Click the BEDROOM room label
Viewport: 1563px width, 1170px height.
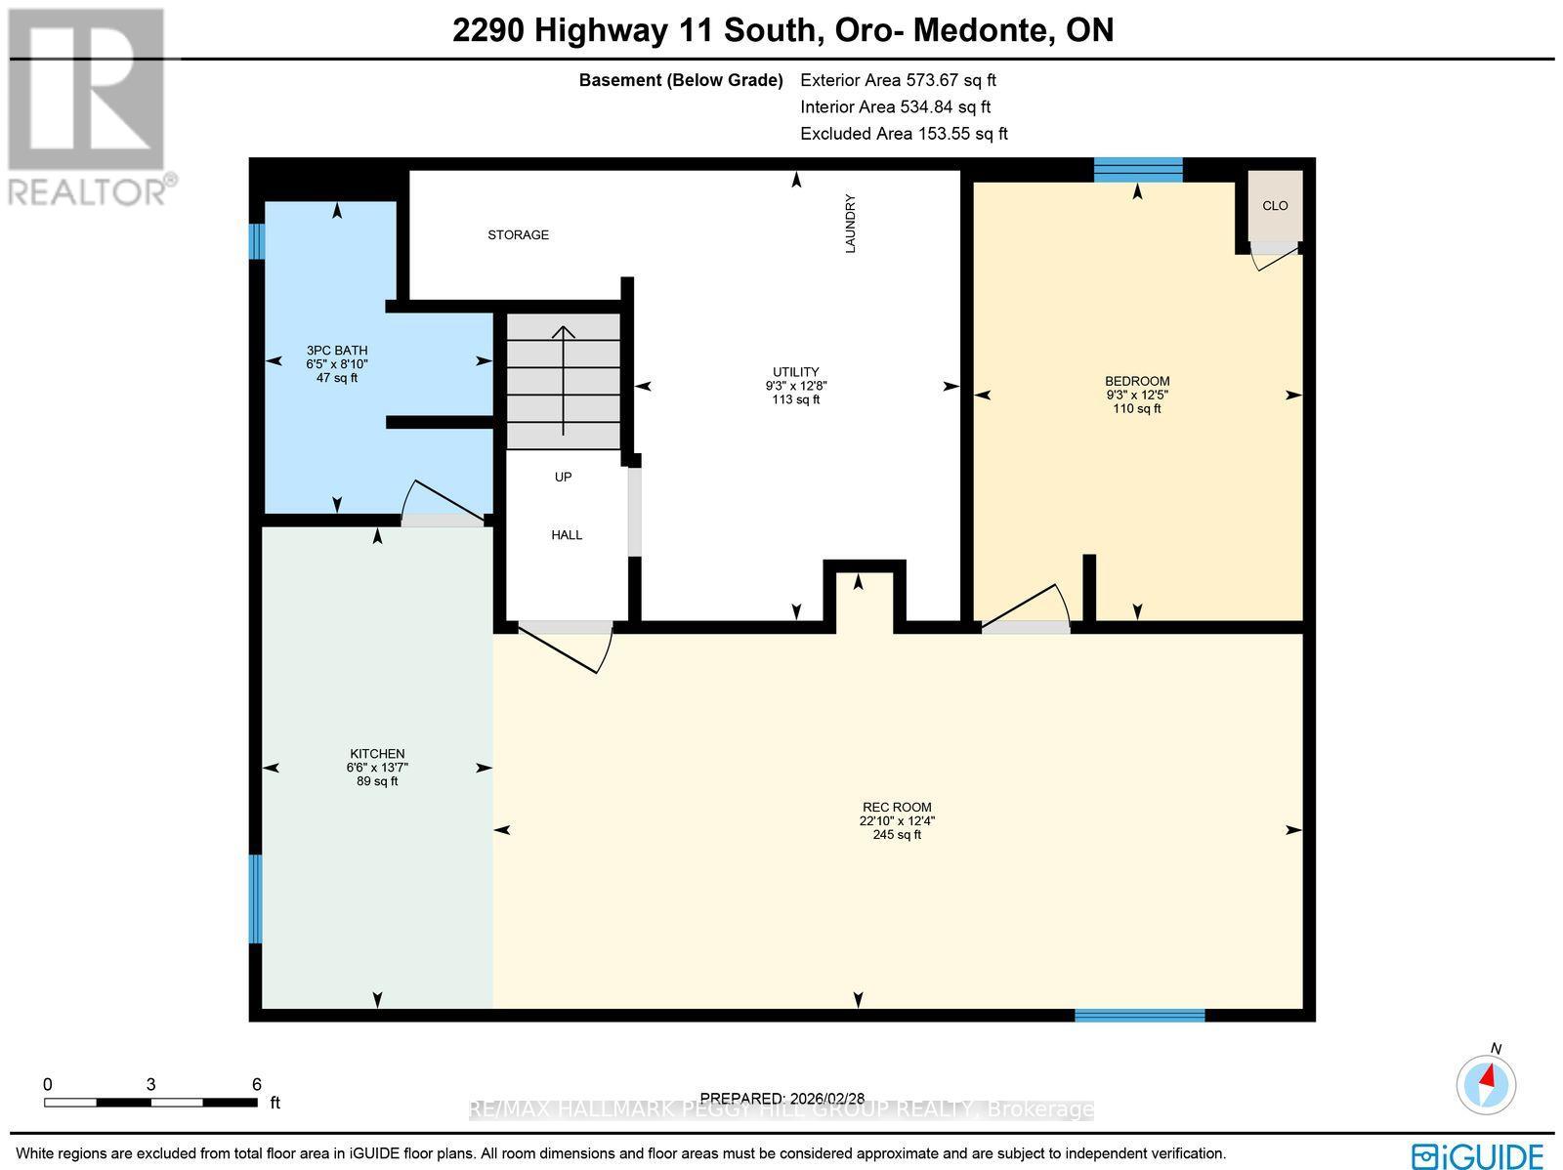[x=1137, y=381]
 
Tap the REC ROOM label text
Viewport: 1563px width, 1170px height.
[x=897, y=807]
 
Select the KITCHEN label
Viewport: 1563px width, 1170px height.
[x=377, y=754]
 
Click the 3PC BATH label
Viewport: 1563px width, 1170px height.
[x=336, y=350]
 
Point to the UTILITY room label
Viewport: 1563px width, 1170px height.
[x=795, y=372]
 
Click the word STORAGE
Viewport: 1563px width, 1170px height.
[x=519, y=234]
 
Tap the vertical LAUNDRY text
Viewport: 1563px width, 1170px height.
[x=850, y=224]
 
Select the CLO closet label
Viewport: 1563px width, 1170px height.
[x=1275, y=205]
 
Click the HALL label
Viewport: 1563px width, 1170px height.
[x=567, y=534]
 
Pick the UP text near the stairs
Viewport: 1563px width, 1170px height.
[x=563, y=477]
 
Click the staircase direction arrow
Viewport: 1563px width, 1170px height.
[x=564, y=381]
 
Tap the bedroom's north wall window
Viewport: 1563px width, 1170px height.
[x=1138, y=170]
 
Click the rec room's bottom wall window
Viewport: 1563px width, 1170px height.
[x=1139, y=1016]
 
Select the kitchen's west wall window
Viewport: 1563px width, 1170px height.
[x=256, y=898]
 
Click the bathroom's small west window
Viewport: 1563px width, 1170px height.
[x=256, y=241]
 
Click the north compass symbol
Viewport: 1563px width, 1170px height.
[x=1487, y=1083]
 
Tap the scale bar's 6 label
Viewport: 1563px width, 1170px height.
[x=256, y=1084]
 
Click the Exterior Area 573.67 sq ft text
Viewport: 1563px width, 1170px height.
[x=898, y=80]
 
